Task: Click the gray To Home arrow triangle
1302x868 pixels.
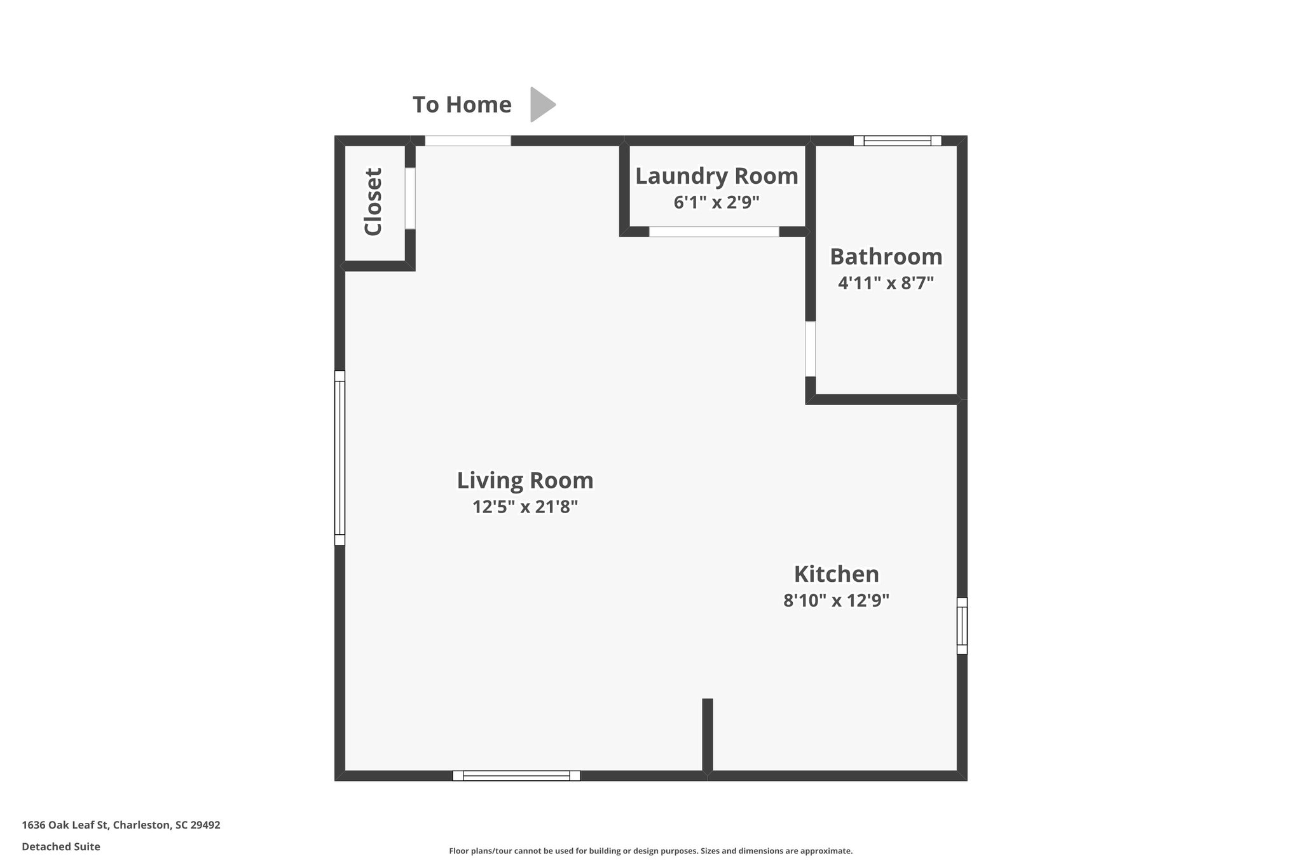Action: [x=542, y=104]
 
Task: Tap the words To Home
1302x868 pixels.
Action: [x=462, y=105]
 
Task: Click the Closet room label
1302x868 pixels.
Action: [x=373, y=202]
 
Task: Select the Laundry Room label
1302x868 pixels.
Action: [x=716, y=176]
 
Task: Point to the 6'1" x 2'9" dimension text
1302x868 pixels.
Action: [x=716, y=203]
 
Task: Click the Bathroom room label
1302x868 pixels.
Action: [x=886, y=257]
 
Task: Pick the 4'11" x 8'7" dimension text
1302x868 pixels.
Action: [x=886, y=283]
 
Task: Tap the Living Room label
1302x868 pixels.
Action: [x=525, y=480]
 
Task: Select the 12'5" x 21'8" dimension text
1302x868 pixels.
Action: [x=525, y=507]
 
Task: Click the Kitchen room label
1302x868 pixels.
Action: [x=836, y=574]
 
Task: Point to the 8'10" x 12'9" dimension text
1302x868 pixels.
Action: [x=836, y=600]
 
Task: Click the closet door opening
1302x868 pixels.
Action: [x=410, y=198]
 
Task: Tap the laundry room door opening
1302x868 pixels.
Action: [x=713, y=231]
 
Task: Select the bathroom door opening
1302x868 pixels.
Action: [x=810, y=348]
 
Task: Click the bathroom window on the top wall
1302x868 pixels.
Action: [x=897, y=141]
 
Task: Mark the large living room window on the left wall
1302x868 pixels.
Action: [x=339, y=458]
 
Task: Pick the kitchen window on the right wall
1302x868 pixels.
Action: [x=962, y=626]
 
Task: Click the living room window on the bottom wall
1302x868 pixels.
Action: [x=516, y=775]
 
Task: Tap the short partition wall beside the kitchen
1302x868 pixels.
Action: [x=707, y=736]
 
